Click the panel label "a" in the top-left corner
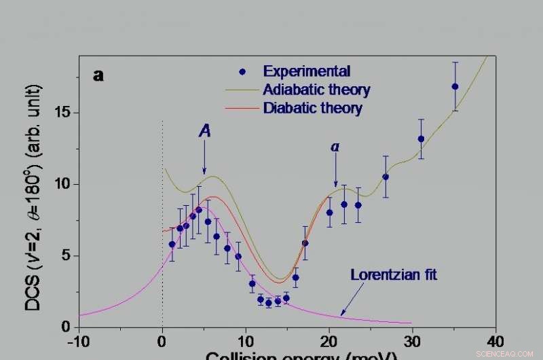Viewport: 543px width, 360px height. (x=99, y=76)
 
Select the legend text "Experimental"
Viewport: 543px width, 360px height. (x=307, y=71)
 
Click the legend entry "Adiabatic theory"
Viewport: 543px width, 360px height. (x=316, y=90)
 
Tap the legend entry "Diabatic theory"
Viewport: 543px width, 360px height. (x=312, y=108)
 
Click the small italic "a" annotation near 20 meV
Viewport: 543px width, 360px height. (x=335, y=147)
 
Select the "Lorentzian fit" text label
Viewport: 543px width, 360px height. (x=394, y=275)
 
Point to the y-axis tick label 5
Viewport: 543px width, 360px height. (x=67, y=256)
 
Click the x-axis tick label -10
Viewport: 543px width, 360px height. (x=79, y=340)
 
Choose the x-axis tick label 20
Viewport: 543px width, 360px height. (x=329, y=340)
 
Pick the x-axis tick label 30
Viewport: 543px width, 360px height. (x=412, y=340)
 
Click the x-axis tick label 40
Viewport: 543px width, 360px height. (x=495, y=340)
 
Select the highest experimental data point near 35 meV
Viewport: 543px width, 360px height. (x=455, y=86)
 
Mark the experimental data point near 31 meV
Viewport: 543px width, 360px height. (x=421, y=139)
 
